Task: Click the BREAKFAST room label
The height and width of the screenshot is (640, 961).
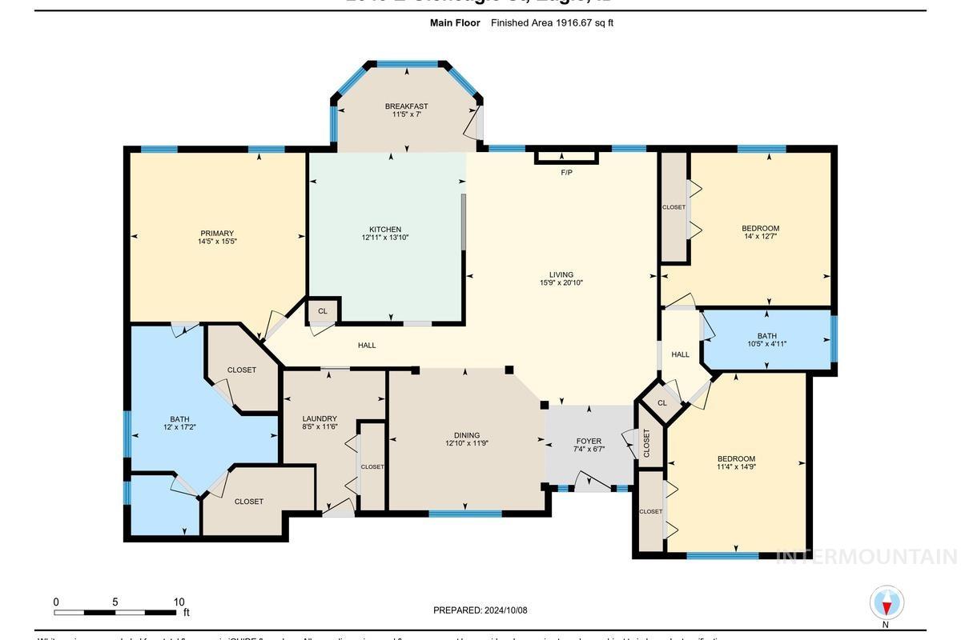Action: point(406,106)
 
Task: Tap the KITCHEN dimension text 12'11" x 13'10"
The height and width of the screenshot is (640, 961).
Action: point(385,238)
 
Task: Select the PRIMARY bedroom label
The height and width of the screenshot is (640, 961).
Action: point(217,234)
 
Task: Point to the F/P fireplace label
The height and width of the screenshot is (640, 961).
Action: point(566,173)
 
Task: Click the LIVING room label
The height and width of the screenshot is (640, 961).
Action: point(561,274)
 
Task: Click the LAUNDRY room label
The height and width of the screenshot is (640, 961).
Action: point(320,418)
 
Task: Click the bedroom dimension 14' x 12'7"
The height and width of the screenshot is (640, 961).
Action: point(760,237)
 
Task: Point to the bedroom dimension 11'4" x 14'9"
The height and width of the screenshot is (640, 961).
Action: point(736,467)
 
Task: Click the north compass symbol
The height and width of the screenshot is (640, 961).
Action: point(887,603)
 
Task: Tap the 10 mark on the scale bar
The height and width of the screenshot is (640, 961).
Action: point(179,602)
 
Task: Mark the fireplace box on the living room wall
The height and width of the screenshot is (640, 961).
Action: point(566,157)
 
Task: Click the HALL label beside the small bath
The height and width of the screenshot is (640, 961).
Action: point(680,354)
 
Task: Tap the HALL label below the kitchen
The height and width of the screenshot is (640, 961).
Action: point(367,346)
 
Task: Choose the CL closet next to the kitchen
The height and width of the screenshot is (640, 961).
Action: point(323,310)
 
